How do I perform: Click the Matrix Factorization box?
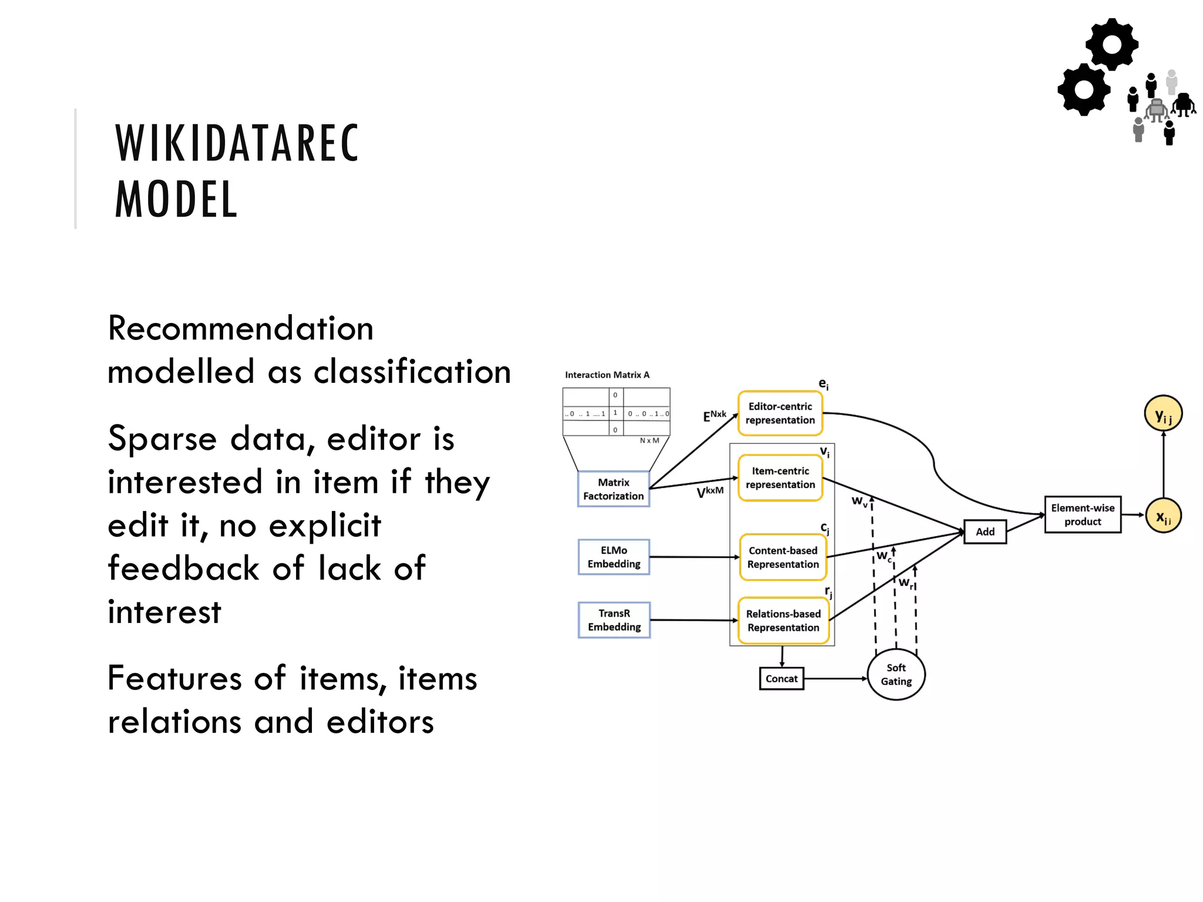(613, 489)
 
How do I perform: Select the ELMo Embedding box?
(614, 557)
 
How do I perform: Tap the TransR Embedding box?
(614, 620)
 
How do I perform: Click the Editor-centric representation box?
(780, 413)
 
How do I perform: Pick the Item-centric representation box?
(780, 478)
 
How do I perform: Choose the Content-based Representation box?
(782, 557)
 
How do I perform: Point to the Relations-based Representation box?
(783, 621)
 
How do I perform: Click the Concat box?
(781, 679)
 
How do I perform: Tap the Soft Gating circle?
(896, 675)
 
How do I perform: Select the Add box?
(985, 532)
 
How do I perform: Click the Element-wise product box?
(1083, 515)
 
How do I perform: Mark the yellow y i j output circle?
(1163, 413)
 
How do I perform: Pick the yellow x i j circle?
(1163, 516)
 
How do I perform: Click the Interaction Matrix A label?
(607, 375)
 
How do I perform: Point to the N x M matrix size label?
(649, 440)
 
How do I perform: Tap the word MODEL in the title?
(176, 200)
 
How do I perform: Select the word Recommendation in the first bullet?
(241, 328)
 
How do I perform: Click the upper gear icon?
(1111, 45)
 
